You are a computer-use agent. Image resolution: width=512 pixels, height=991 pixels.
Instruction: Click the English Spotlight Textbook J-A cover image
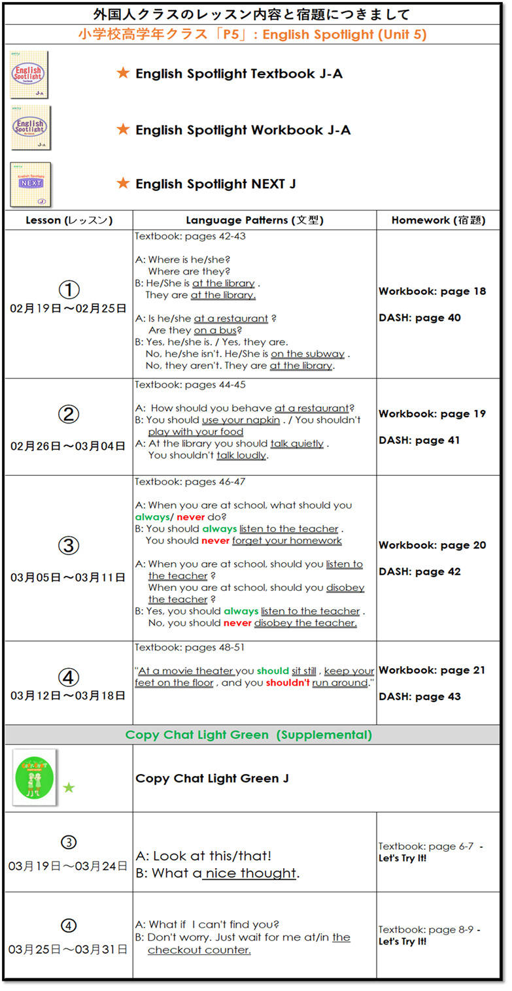(30, 75)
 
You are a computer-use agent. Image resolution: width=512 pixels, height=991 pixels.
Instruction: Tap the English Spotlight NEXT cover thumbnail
(31, 184)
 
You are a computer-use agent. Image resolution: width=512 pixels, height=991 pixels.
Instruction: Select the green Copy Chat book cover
(35, 777)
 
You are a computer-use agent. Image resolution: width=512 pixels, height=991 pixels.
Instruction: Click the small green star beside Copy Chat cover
(69, 788)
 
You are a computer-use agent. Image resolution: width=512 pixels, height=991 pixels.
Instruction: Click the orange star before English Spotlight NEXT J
(123, 184)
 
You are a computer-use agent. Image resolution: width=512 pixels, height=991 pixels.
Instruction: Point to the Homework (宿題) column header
(438, 221)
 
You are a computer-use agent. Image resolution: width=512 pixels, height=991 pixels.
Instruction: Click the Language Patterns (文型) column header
(254, 221)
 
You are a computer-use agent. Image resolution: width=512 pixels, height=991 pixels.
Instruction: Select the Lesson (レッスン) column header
(68, 221)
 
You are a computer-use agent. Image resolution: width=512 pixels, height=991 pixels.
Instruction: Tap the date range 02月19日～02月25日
(68, 309)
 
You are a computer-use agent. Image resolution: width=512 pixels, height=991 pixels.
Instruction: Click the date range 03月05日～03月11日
(68, 578)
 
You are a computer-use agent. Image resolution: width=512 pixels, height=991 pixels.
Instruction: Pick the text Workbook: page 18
(432, 292)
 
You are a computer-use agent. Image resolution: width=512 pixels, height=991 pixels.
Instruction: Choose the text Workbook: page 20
(432, 545)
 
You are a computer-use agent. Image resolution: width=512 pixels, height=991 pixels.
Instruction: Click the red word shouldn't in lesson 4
(288, 682)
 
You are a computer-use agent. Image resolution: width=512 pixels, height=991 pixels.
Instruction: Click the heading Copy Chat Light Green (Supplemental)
(248, 735)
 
